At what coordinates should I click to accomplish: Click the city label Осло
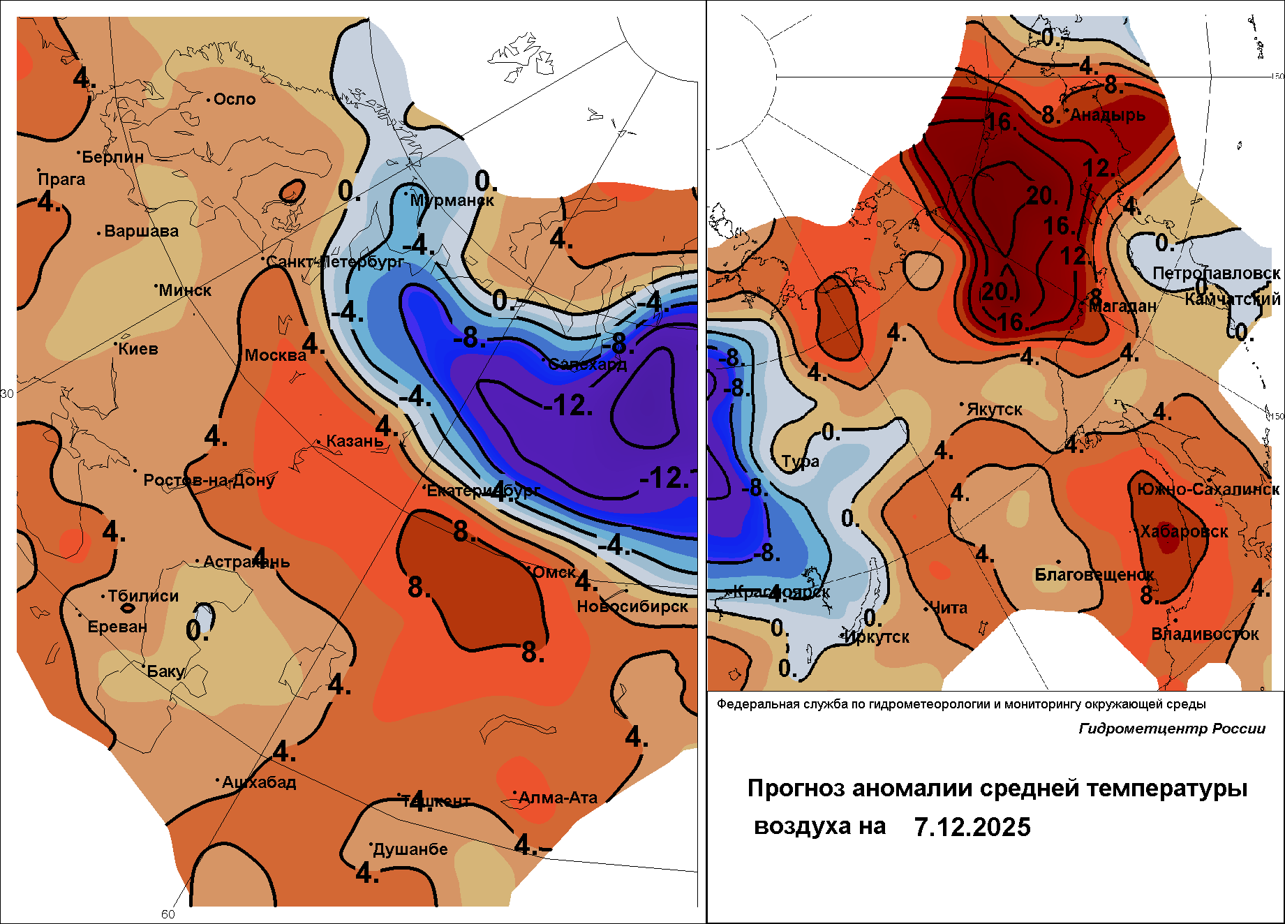[235, 99]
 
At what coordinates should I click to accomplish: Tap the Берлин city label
[112, 157]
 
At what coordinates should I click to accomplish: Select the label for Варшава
[141, 231]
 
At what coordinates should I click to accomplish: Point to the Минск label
[185, 290]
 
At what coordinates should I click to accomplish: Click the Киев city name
[138, 349]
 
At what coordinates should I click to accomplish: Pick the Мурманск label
[452, 200]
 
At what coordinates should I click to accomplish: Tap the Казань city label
[355, 441]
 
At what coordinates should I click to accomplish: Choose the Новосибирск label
[632, 606]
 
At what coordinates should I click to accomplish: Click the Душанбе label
[410, 849]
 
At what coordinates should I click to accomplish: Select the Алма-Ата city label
[558, 798]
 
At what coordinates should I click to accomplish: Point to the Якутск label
[994, 410]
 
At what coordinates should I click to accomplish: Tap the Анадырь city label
[1108, 115]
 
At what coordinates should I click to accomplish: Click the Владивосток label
[1205, 634]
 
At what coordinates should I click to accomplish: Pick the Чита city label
[949, 608]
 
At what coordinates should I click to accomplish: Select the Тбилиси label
[143, 596]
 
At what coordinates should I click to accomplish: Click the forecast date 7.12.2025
[972, 827]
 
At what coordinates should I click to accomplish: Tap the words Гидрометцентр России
[1172, 729]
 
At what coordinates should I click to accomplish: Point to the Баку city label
[165, 671]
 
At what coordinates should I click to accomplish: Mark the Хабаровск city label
[1183, 532]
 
